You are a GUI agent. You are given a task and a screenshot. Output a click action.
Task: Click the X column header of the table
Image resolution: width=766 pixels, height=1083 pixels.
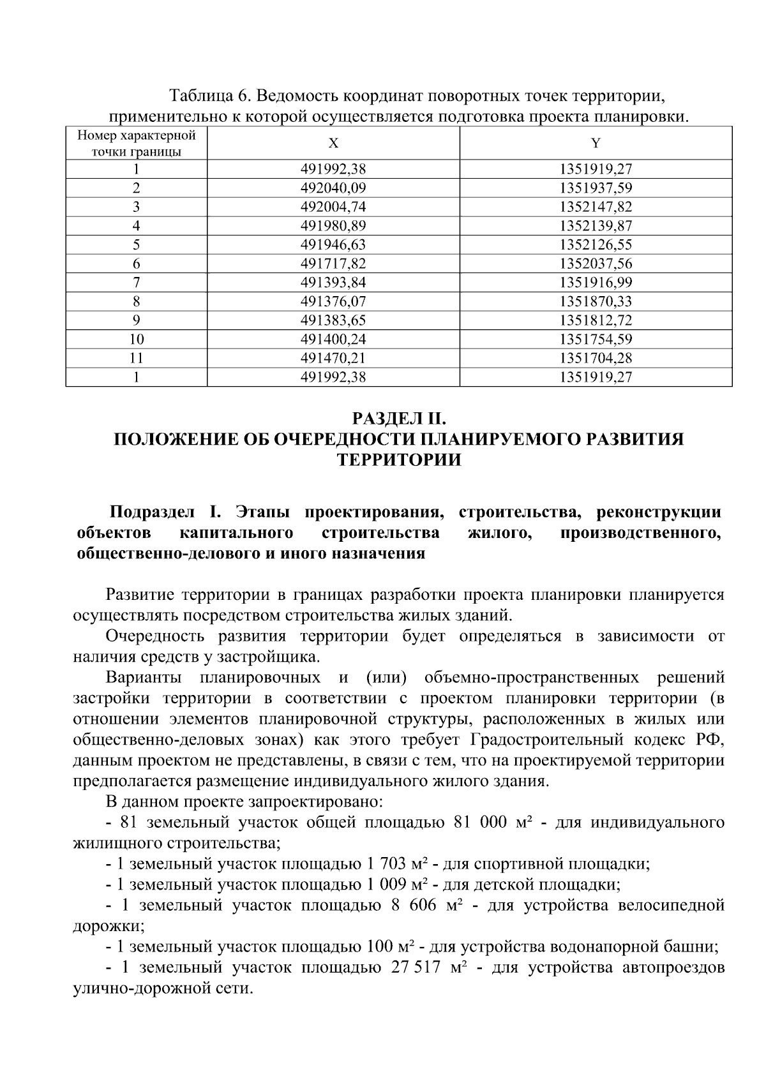[333, 144]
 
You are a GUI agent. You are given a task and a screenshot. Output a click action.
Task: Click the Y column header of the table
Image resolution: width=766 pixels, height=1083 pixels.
[596, 144]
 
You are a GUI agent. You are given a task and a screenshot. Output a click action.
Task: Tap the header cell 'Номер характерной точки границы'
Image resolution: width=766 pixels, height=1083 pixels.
[136, 144]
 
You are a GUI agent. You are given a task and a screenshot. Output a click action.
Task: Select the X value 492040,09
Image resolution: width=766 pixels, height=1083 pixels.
[333, 188]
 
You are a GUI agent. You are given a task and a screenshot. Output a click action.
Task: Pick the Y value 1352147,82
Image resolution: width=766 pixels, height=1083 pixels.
[596, 207]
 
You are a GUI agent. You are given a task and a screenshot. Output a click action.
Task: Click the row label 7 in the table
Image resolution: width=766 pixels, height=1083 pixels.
[136, 282]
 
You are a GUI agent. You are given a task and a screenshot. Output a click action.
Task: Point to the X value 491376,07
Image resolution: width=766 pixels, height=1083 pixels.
[333, 301]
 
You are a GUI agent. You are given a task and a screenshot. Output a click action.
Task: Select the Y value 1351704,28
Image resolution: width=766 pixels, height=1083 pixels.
[596, 358]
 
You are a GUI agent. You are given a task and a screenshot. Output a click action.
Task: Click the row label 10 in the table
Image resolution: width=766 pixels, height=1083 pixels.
[136, 339]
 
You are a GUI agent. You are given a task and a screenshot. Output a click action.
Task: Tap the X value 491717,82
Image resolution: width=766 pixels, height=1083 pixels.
[333, 264]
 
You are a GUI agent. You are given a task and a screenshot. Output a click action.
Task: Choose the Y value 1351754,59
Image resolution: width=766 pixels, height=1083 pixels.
[596, 339]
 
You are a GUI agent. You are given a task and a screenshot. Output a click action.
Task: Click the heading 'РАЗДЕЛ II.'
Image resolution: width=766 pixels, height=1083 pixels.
[398, 419]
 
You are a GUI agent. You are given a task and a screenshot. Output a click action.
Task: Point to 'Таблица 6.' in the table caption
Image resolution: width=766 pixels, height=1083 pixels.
[209, 96]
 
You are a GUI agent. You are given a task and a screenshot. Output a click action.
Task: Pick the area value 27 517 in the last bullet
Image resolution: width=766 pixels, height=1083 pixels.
[414, 967]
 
